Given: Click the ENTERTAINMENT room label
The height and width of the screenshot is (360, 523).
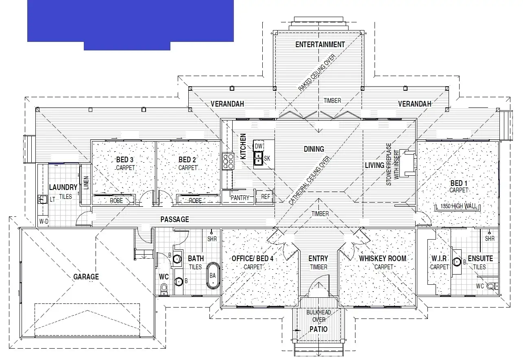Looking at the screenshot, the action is pyautogui.click(x=320, y=45).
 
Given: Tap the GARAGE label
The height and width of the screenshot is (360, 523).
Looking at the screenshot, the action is pyautogui.click(x=86, y=277).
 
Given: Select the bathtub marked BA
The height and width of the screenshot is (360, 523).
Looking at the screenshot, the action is pyautogui.click(x=213, y=276).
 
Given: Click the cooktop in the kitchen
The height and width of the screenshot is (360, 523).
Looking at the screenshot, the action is pyautogui.click(x=228, y=161).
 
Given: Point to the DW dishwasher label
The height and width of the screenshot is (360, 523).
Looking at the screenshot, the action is pyautogui.click(x=259, y=146).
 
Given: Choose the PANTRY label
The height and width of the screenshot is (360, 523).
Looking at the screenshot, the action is pyautogui.click(x=240, y=197).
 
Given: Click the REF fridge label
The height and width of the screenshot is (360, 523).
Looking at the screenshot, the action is pyautogui.click(x=266, y=197).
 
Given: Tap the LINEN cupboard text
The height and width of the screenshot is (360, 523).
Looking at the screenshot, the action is pyautogui.click(x=86, y=183).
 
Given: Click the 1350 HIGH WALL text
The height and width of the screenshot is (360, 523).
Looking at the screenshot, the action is pyautogui.click(x=459, y=206).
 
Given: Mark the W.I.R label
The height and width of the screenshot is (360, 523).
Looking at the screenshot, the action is pyautogui.click(x=439, y=258).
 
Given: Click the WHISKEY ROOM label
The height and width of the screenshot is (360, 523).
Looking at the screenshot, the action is pyautogui.click(x=382, y=259).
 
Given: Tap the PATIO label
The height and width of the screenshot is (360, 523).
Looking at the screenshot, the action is pyautogui.click(x=318, y=329).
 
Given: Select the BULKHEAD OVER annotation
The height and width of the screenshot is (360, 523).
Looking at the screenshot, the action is pyautogui.click(x=318, y=316).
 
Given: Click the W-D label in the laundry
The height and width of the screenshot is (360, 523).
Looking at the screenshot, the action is pyautogui.click(x=44, y=222).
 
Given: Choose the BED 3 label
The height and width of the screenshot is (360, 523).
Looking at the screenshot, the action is pyautogui.click(x=125, y=159).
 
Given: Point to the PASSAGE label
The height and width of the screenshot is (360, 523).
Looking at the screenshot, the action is pyautogui.click(x=174, y=220).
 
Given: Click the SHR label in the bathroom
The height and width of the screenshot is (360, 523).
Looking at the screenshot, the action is pyautogui.click(x=212, y=239).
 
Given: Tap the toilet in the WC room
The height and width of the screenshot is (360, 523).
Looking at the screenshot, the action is pyautogui.click(x=164, y=289).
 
